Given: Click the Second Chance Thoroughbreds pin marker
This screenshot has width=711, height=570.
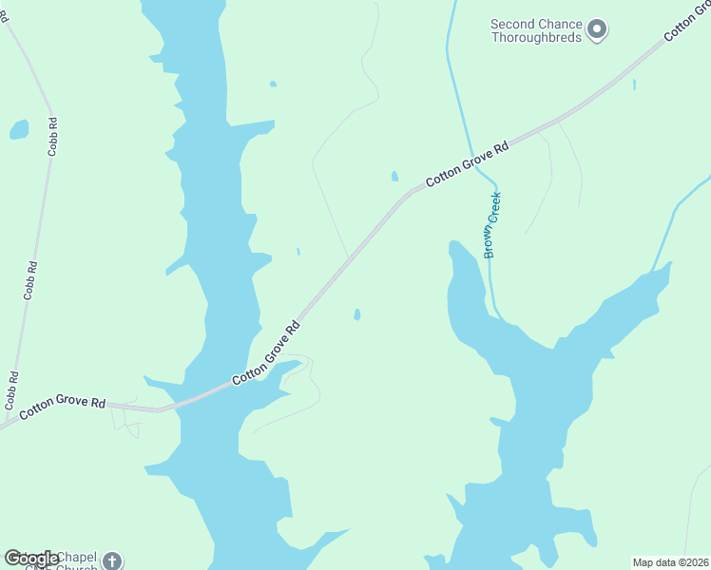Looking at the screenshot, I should tap(597, 29).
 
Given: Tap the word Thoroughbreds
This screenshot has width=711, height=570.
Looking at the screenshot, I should tap(535, 38).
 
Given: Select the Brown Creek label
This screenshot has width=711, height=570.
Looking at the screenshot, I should tap(491, 225).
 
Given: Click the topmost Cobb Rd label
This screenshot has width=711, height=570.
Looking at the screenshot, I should tap(53, 136).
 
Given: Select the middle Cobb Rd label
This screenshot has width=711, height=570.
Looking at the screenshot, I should tap(30, 280).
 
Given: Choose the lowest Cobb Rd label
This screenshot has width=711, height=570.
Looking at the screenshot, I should tap(11, 390).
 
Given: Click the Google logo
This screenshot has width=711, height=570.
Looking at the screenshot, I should tap(31, 559).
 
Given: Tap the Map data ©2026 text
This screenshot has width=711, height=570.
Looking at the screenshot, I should tap(670, 562).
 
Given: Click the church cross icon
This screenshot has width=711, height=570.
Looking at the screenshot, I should tap(112, 561).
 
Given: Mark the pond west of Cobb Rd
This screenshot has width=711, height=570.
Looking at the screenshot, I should tap(19, 128).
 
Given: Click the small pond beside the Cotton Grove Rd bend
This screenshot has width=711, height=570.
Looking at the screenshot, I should tap(394, 176).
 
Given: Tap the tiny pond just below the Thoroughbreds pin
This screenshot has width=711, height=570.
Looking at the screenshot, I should tap(634, 85).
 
